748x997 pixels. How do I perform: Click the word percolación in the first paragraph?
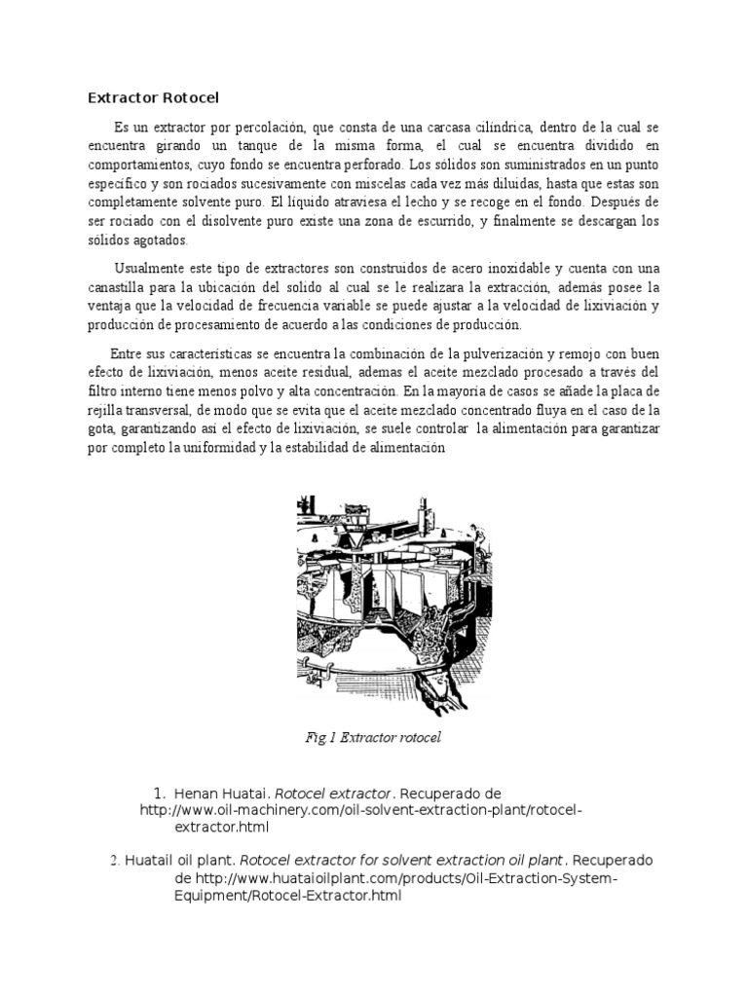(x=275, y=128)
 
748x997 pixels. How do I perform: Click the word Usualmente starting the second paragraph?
(x=147, y=269)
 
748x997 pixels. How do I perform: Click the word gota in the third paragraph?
(x=102, y=428)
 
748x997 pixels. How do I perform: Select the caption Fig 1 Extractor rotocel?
(x=373, y=737)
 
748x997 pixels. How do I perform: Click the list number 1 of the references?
(x=160, y=794)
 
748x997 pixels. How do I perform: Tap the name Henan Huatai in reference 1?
(x=220, y=794)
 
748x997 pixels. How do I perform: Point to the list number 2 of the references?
(x=114, y=862)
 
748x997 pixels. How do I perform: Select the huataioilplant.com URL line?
(x=395, y=878)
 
